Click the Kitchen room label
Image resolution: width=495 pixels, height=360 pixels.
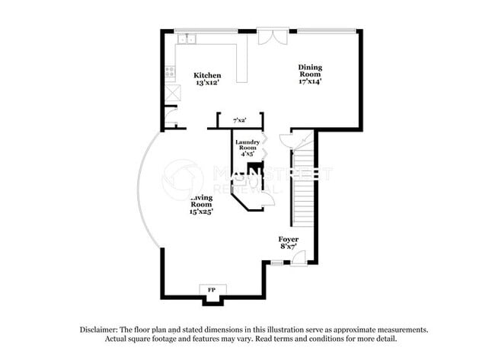[207, 75]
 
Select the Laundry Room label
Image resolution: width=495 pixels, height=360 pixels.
[247, 145]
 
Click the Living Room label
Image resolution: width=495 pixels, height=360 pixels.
[201, 201]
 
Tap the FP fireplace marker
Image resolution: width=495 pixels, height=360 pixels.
[212, 290]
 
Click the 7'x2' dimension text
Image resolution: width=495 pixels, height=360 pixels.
[239, 120]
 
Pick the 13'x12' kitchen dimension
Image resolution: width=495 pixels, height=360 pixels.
[207, 84]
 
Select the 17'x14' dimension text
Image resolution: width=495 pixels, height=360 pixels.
[310, 81]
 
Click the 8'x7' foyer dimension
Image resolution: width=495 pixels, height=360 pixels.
[288, 247]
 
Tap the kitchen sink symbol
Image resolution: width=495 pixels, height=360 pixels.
[186, 38]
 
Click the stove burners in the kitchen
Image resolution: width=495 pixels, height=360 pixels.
[170, 73]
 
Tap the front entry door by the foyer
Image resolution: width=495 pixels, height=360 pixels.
[300, 257]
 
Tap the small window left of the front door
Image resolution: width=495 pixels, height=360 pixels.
[277, 263]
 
